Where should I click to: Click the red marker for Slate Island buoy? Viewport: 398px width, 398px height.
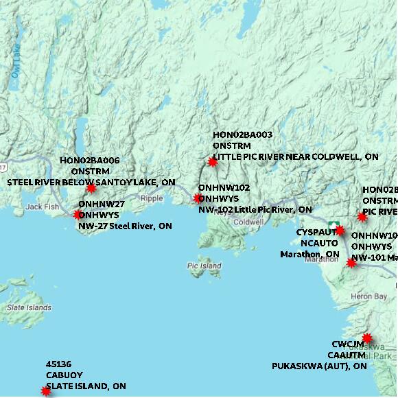point(46,391)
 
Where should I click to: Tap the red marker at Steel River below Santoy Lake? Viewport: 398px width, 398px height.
point(91,188)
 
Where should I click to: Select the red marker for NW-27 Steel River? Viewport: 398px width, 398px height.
point(78,215)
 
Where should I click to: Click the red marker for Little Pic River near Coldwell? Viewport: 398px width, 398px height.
point(212,163)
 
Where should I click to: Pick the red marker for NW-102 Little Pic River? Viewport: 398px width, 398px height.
point(198,198)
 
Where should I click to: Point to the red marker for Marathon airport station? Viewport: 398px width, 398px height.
point(340,231)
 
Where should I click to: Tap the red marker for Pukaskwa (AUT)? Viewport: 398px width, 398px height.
point(367,338)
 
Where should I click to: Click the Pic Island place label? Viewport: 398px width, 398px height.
point(204,266)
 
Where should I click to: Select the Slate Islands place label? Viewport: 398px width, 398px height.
point(29,307)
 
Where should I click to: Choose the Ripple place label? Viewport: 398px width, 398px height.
point(152,198)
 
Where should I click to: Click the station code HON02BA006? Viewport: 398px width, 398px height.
point(90,161)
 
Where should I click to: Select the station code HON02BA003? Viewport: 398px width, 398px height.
point(242,135)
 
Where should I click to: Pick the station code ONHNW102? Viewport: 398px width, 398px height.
point(224,187)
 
